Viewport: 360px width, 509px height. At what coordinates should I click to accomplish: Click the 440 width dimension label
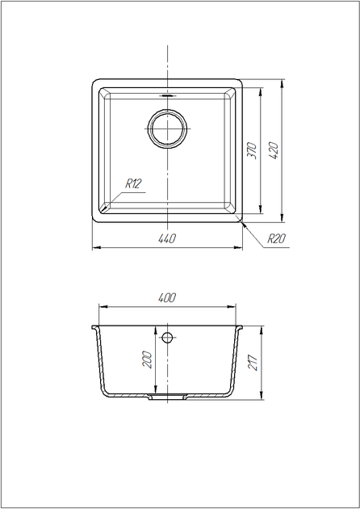(167, 238)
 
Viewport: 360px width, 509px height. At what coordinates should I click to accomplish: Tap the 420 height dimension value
(274, 150)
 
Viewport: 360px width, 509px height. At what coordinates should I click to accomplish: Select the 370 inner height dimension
(253, 150)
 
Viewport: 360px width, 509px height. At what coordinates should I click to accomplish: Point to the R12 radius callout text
(133, 183)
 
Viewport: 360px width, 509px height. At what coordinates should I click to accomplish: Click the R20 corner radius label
(276, 238)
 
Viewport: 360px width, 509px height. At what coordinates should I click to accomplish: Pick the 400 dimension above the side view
(167, 297)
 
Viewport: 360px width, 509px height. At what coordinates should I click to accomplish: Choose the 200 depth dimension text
(148, 359)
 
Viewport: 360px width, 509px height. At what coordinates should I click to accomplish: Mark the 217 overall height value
(253, 363)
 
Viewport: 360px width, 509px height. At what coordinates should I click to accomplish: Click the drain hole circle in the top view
(167, 128)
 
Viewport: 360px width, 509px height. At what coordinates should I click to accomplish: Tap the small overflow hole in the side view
(167, 338)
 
